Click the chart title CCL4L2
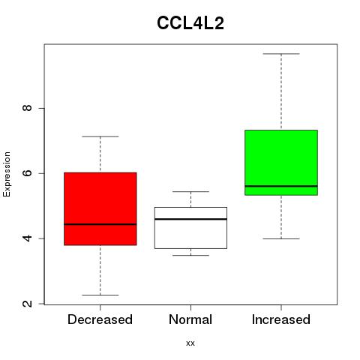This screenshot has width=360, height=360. (x=190, y=23)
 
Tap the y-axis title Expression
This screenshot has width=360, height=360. (x=7, y=174)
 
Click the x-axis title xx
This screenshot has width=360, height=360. (x=190, y=343)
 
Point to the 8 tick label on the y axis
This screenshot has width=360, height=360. (x=27, y=108)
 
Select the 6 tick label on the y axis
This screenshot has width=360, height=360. (x=27, y=173)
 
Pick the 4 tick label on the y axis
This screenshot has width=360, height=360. (x=27, y=238)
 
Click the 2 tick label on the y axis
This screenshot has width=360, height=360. (x=27, y=304)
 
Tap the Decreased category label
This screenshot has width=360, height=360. (x=100, y=319)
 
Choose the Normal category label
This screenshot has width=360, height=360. (x=190, y=319)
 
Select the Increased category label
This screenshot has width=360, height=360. (x=281, y=319)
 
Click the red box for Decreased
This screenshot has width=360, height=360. (x=100, y=208)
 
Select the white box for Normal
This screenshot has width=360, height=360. (x=190, y=228)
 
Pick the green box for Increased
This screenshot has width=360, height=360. (x=281, y=163)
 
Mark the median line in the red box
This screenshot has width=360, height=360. (x=100, y=224)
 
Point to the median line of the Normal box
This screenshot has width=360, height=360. (x=190, y=219)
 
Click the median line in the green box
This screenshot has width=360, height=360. (x=281, y=186)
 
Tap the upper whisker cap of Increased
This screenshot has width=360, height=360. (x=281, y=54)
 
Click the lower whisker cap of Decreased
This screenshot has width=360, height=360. (x=100, y=295)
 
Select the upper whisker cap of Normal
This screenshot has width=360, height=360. (x=190, y=191)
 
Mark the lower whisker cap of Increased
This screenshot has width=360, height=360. (x=281, y=238)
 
